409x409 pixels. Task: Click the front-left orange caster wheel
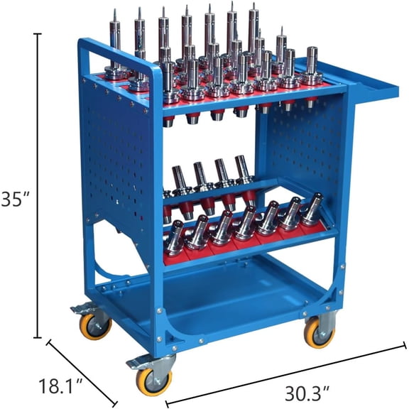(x=154, y=381)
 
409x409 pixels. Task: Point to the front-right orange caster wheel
(x=319, y=332)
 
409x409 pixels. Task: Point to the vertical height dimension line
(x=37, y=185)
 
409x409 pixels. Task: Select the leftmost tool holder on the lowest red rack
(x=175, y=238)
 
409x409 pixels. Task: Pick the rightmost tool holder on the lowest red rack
(x=310, y=210)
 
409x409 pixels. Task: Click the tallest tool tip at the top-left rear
(x=115, y=28)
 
